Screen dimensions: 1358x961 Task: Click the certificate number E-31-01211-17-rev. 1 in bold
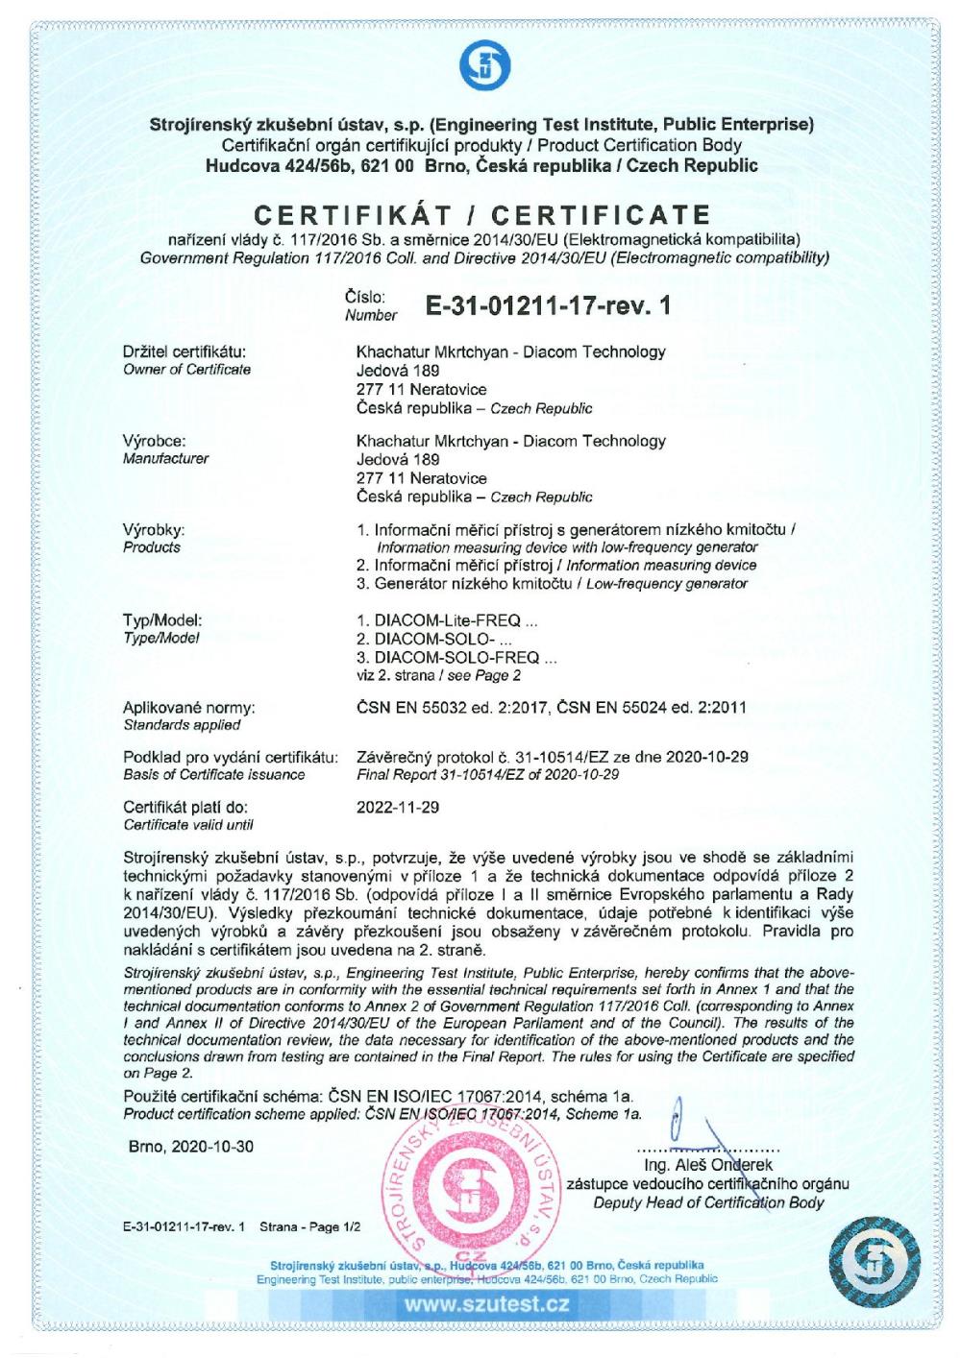click(547, 305)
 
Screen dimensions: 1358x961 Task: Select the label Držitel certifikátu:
click(185, 352)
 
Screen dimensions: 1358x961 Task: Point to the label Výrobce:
click(154, 441)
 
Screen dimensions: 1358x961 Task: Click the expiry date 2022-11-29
click(398, 807)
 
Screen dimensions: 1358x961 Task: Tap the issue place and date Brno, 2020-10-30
click(191, 1147)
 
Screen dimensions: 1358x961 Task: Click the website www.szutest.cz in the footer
click(486, 1304)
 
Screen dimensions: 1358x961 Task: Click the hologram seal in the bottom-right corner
click(874, 1259)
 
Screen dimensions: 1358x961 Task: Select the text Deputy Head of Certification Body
click(708, 1202)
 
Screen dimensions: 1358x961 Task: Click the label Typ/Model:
click(162, 620)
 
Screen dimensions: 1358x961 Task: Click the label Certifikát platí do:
click(186, 807)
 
